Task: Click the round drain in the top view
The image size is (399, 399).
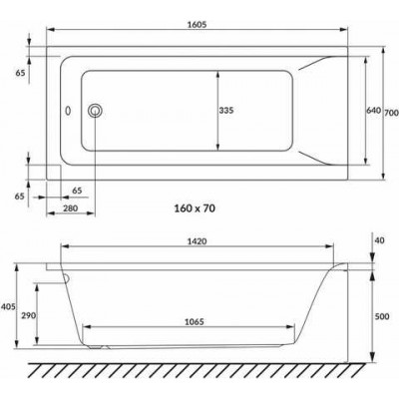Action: pyautogui.click(x=96, y=111)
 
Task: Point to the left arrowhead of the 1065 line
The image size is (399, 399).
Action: pyautogui.click(x=85, y=331)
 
